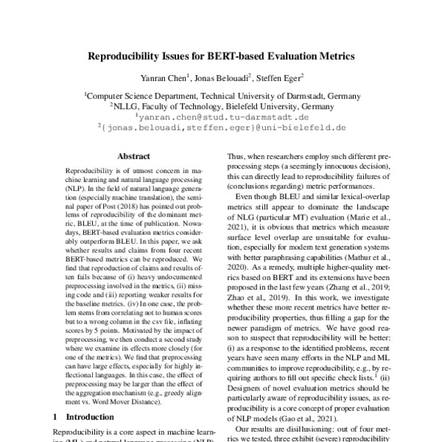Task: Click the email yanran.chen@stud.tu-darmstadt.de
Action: click(222, 116)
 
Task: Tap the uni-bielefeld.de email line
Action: click(222, 127)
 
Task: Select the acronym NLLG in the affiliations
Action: click(126, 105)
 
